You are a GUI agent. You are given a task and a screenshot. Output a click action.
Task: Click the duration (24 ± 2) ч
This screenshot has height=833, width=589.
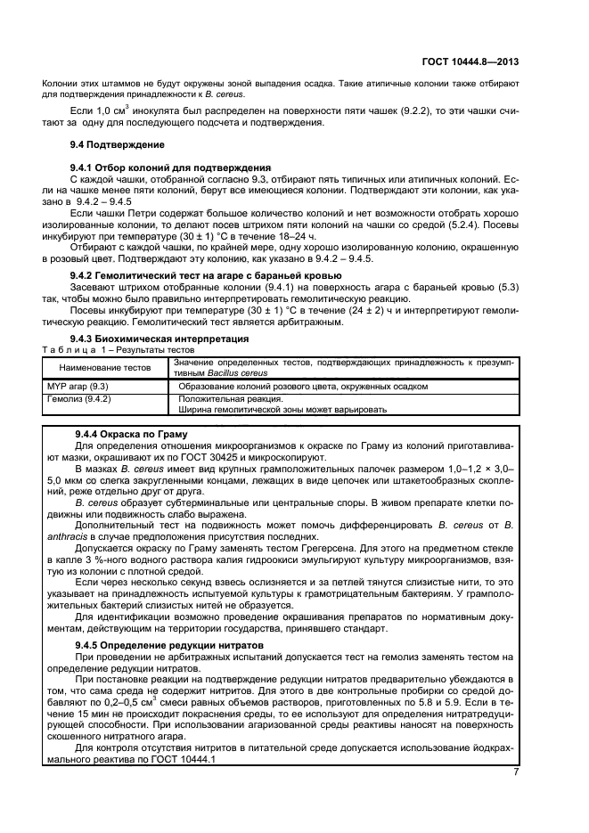[x=367, y=311]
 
